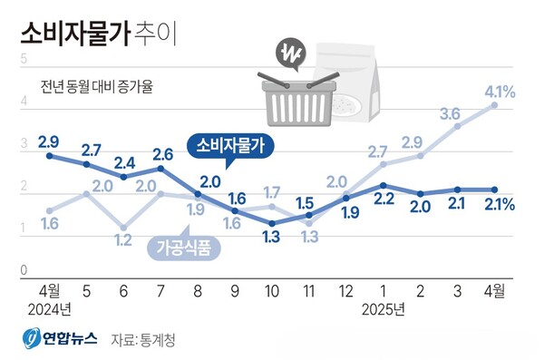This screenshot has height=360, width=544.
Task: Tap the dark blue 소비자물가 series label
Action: tap(225, 145)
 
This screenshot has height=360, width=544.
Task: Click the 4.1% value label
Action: tap(500, 91)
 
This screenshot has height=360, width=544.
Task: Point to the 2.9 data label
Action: tap(48, 141)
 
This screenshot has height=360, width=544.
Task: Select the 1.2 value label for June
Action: tap(124, 240)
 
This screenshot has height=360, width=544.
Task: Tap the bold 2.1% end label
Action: tap(499, 204)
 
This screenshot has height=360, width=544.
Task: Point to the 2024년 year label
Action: tap(49, 308)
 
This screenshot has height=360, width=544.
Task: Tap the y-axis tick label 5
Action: tap(23, 58)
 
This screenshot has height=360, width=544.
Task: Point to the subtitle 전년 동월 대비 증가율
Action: tap(97, 88)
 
